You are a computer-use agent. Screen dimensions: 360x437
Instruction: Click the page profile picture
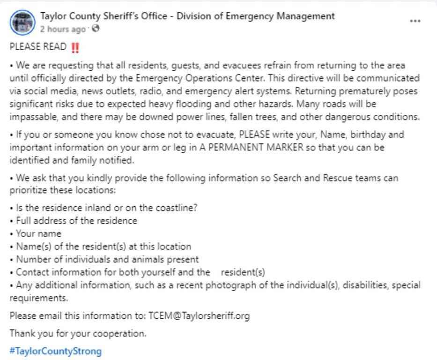(22, 22)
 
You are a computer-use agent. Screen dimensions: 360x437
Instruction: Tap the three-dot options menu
(415, 22)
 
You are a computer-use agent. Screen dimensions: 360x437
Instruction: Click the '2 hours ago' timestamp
(63, 29)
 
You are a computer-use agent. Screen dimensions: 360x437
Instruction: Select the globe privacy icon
(96, 29)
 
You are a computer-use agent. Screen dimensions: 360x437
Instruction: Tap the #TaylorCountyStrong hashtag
(55, 351)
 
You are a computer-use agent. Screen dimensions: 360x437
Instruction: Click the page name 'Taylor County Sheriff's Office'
(104, 16)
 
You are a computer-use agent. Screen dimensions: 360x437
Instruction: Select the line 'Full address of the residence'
(76, 220)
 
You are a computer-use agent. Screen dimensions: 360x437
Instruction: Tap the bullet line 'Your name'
(38, 233)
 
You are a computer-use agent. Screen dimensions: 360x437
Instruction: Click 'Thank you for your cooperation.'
(78, 334)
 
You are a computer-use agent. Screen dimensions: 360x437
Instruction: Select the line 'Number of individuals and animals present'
(107, 259)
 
